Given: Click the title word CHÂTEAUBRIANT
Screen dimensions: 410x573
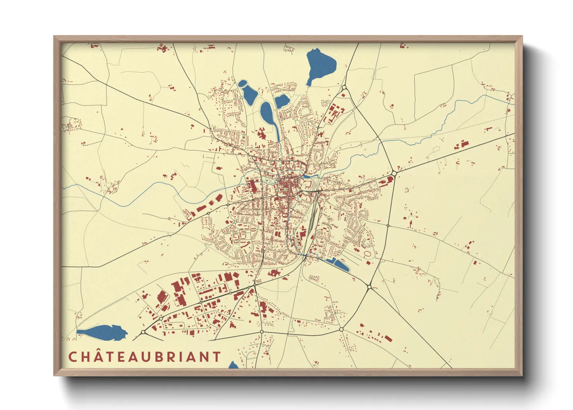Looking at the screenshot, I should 144,357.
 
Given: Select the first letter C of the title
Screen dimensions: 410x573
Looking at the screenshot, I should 72,357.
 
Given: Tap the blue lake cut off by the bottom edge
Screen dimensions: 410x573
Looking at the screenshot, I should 233,365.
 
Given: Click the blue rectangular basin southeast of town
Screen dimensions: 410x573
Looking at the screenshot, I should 341,265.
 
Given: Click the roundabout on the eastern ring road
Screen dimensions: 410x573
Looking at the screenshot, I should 394,173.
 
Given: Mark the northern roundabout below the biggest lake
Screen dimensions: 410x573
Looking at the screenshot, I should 344,88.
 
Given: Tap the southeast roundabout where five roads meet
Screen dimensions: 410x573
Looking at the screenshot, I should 369,287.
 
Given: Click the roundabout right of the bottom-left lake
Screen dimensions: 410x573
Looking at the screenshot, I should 143,332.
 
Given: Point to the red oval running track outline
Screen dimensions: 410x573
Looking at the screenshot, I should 367,253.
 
